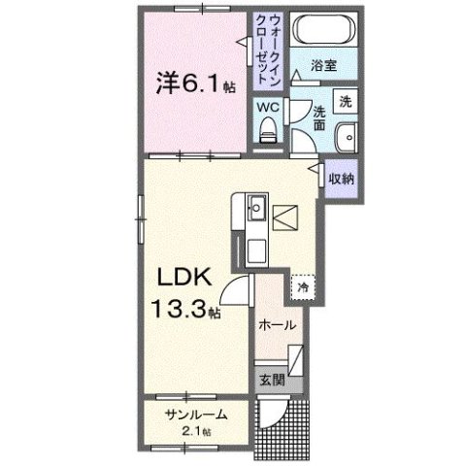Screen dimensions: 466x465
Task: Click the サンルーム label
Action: click(x=195, y=415)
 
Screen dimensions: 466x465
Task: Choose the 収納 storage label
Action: click(x=340, y=180)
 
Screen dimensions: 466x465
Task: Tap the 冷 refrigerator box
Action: click(x=303, y=287)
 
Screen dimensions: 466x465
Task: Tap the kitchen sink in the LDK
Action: click(x=255, y=209)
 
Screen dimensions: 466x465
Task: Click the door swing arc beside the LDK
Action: click(x=236, y=287)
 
